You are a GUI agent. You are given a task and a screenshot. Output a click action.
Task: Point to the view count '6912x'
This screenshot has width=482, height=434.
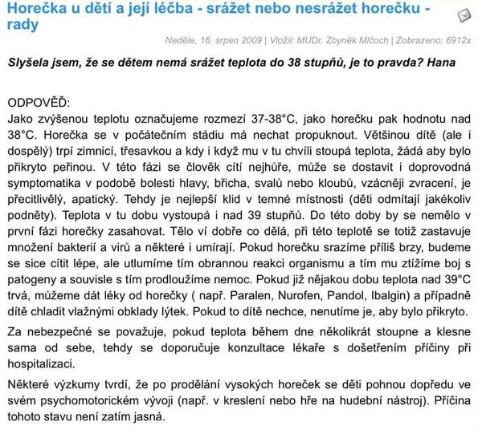pyautogui.click(x=455, y=39)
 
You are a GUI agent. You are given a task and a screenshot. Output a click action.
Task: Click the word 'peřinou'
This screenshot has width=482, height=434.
pyautogui.click(x=79, y=168)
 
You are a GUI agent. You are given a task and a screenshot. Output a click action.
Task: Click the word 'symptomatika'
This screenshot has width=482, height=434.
pyautogui.click(x=47, y=185)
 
